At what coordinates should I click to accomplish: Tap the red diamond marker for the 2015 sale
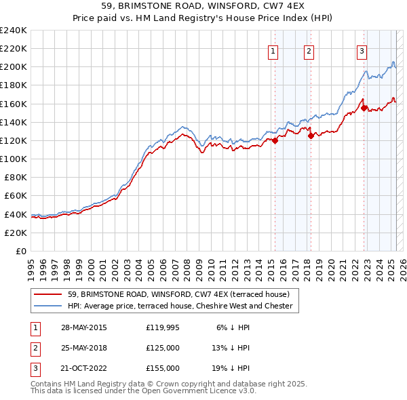275,140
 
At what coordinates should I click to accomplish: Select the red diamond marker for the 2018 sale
311,136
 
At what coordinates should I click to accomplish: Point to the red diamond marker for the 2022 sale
364,108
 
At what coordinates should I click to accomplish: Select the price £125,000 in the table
163,348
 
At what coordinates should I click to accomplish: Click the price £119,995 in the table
163,327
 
